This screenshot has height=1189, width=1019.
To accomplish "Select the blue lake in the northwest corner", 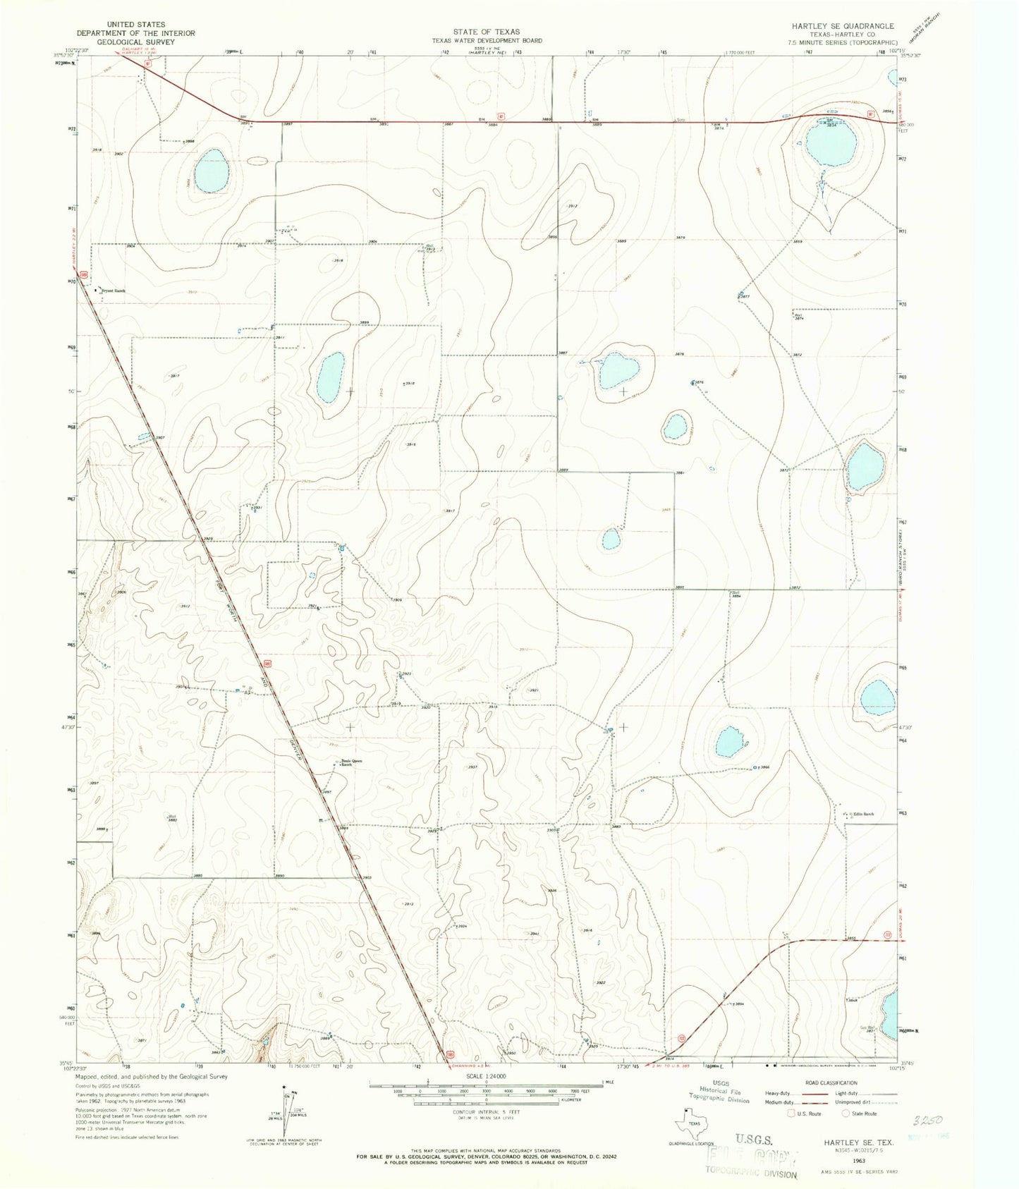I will (212, 173).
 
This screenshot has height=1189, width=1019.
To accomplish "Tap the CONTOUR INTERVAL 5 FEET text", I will (487, 1111).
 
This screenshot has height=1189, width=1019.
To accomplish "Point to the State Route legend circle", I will (846, 1114).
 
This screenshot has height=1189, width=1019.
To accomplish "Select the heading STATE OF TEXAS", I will (487, 32).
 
